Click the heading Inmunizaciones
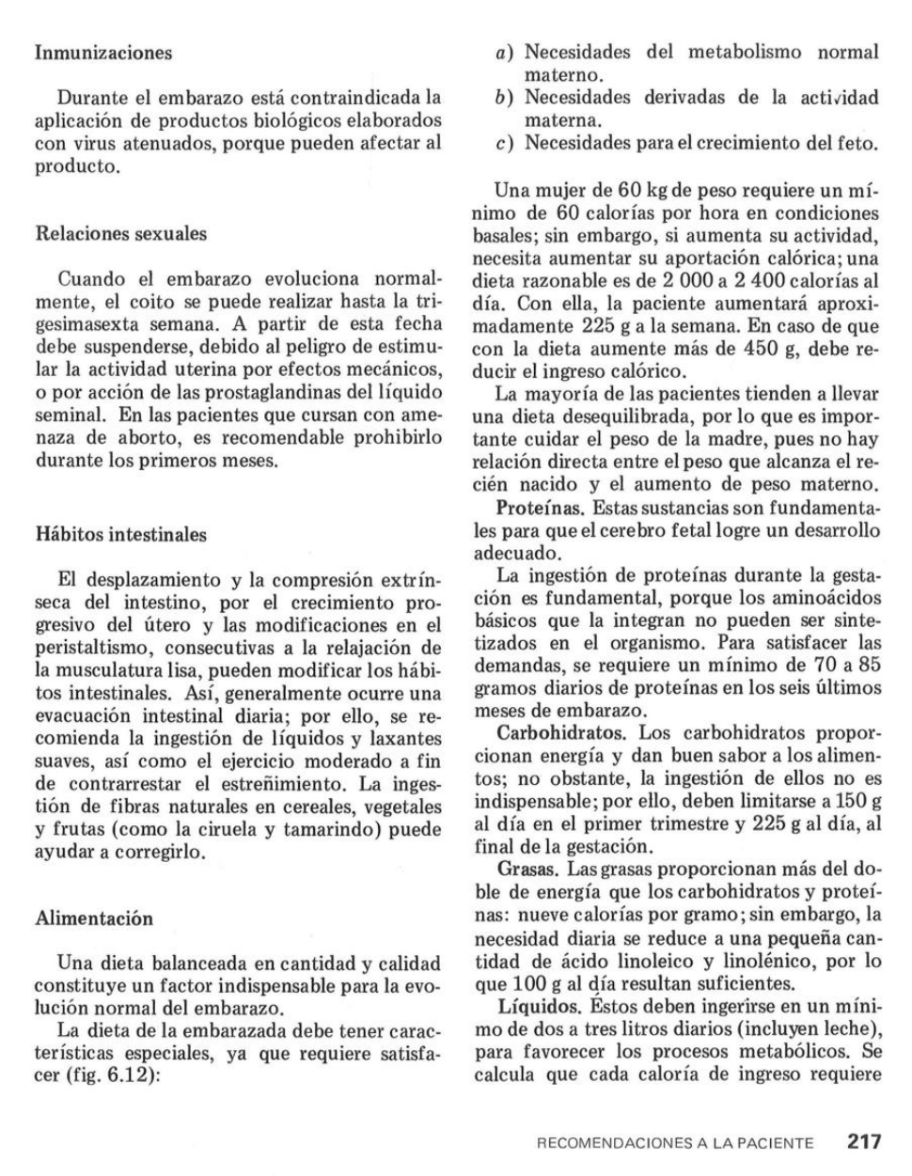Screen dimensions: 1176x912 [x=103, y=53]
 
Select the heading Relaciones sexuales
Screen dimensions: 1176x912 [x=120, y=233]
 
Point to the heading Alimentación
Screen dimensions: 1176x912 [x=93, y=917]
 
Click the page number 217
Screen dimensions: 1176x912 [x=864, y=1142]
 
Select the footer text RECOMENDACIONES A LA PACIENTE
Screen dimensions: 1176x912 [x=674, y=1144]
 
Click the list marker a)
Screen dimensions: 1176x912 [x=506, y=53]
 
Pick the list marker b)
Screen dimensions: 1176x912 [x=506, y=98]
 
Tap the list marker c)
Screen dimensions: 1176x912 [x=506, y=144]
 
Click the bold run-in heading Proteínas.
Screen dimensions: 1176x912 [x=542, y=508]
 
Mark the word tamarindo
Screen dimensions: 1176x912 [x=323, y=830]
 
